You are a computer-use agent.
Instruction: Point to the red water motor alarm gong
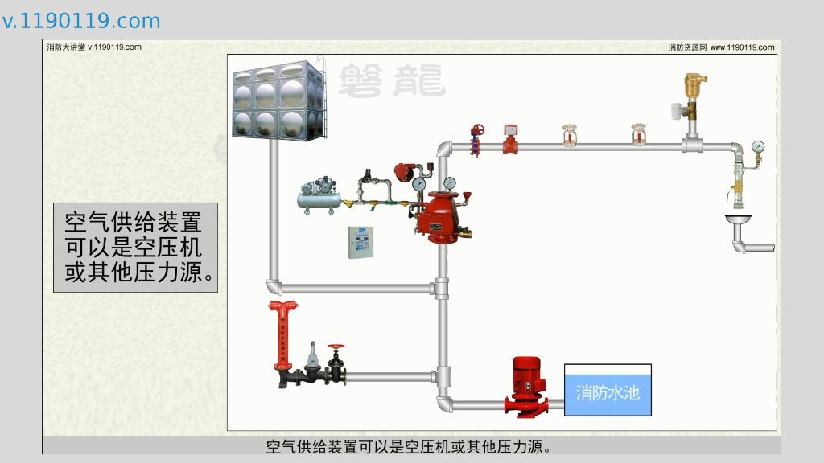click(x=406, y=172)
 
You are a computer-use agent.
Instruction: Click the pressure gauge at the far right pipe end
click(x=757, y=147)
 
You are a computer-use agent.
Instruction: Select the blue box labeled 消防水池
click(x=608, y=391)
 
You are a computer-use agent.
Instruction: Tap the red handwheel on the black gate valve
click(x=336, y=349)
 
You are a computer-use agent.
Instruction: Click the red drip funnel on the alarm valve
click(x=468, y=197)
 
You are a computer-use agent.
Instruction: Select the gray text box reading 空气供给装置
click(x=136, y=247)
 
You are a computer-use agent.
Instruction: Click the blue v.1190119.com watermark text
click(x=80, y=22)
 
